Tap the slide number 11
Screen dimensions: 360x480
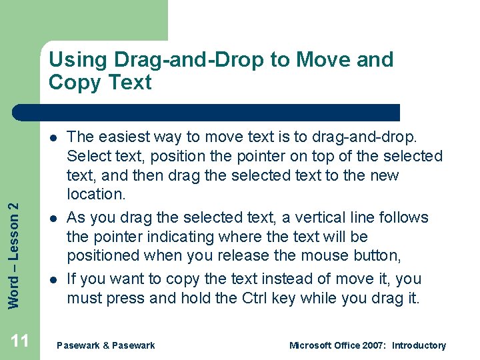click(x=20, y=341)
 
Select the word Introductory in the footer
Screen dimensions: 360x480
click(x=419, y=345)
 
